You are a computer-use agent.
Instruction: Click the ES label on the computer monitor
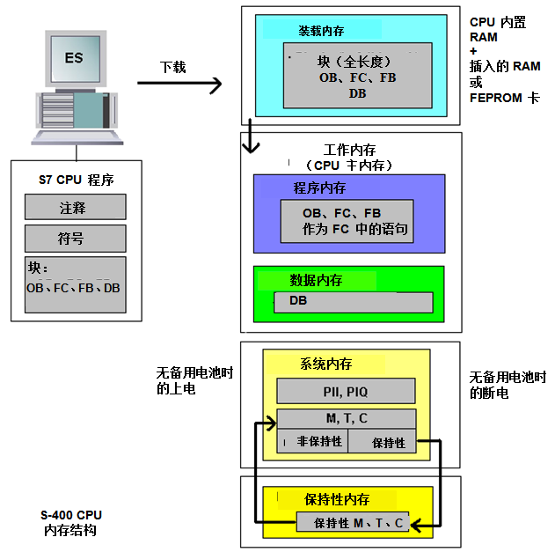(74, 57)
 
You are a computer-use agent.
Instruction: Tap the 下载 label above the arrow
(172, 67)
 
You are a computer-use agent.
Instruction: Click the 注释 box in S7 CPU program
(73, 208)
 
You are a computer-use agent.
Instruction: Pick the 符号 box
(73, 239)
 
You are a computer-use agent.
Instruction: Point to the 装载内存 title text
(321, 31)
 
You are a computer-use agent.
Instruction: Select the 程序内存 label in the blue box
(319, 188)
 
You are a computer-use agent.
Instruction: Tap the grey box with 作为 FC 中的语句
(355, 221)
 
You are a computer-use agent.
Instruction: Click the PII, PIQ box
(346, 390)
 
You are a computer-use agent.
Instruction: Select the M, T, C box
(346, 418)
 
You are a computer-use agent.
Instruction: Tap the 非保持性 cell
(312, 442)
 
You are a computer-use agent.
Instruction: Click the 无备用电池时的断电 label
(508, 385)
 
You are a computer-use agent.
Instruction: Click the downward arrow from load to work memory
(252, 136)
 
